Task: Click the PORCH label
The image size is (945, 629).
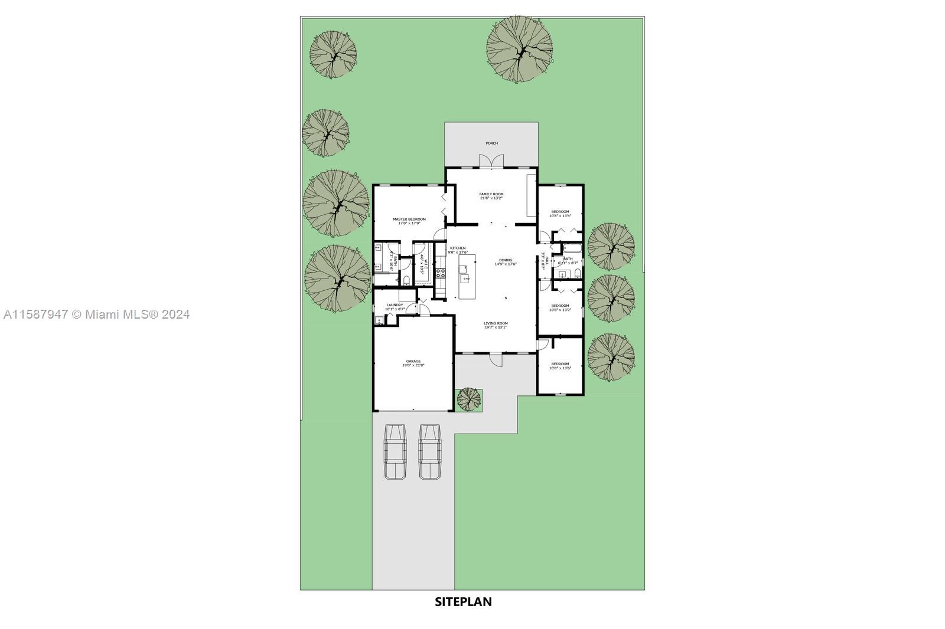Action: point(491,143)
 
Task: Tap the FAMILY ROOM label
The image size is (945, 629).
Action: point(491,194)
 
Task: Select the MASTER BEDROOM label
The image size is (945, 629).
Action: point(409,220)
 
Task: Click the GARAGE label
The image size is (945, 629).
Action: point(413,361)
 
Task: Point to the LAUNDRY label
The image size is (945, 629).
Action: point(394,305)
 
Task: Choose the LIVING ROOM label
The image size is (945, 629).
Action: point(496,323)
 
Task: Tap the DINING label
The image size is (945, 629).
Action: point(506,260)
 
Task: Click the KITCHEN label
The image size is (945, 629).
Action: point(458,248)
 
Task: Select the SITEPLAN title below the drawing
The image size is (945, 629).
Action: point(463,602)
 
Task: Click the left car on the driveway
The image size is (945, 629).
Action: point(395,451)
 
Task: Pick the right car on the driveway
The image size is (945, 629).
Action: point(431,451)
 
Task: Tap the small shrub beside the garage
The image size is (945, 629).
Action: point(469,399)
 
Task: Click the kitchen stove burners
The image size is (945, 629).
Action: point(440,273)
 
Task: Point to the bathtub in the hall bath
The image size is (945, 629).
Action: point(571,248)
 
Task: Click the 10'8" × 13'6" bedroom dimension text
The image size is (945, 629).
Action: point(560,368)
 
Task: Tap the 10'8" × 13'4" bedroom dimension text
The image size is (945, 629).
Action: point(560,216)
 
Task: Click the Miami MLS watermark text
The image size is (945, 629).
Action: point(96,314)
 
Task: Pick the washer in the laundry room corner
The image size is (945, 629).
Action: point(379,320)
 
